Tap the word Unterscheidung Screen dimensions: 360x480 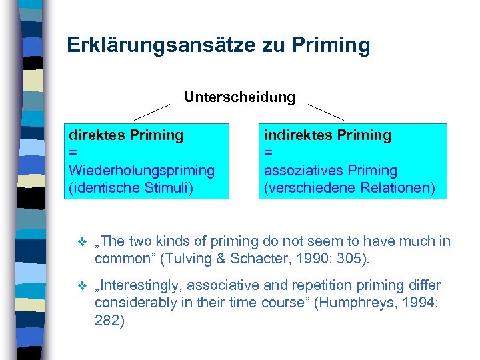[239, 97]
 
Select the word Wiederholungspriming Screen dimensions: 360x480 [142, 171]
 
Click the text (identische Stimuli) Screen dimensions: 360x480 [131, 188]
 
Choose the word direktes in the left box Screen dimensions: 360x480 [95, 135]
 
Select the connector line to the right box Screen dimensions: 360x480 [325, 111]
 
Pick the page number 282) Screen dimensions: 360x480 [109, 321]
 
